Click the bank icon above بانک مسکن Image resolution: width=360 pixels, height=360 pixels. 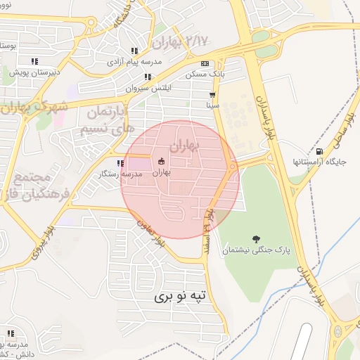click(205, 64)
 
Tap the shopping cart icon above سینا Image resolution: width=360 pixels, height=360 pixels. click(212, 94)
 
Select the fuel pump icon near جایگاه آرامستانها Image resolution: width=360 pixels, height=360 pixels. click(321, 151)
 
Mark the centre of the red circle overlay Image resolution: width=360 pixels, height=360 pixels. click(179, 179)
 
